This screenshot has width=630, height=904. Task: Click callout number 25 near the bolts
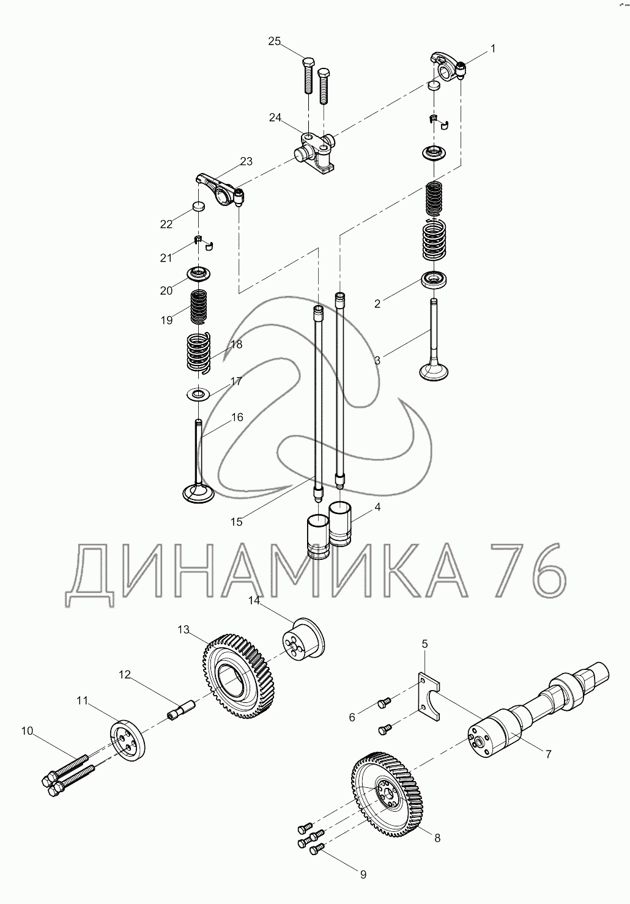tap(274, 41)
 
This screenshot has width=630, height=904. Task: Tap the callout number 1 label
tap(492, 48)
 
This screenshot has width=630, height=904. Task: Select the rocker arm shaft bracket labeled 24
tap(316, 153)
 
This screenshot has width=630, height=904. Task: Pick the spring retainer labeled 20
tap(199, 274)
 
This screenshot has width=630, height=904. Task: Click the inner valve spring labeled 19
tap(198, 307)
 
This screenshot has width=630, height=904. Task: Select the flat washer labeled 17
tap(198, 393)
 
